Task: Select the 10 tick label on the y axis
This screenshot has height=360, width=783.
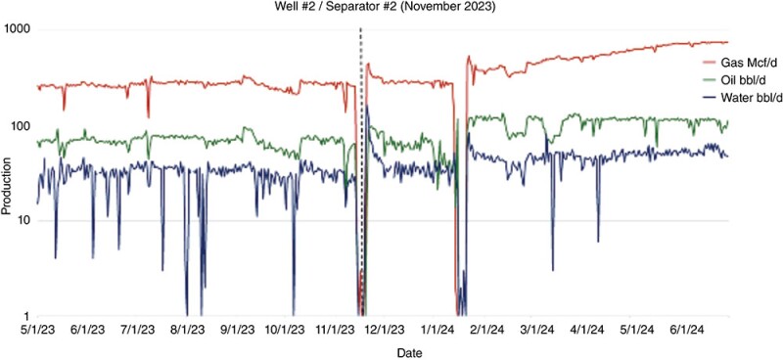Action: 23,221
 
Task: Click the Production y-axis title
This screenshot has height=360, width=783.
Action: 9,173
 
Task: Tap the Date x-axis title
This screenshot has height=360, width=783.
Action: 387,350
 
